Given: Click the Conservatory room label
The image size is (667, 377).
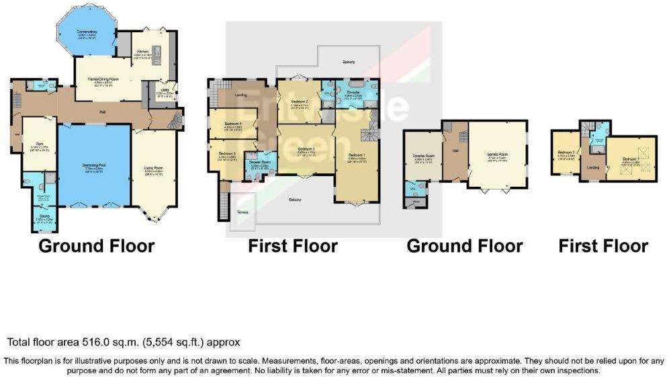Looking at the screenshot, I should (87, 32).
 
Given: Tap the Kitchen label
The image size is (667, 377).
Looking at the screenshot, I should (142, 51).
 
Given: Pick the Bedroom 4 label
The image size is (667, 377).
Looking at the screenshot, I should (232, 124).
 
